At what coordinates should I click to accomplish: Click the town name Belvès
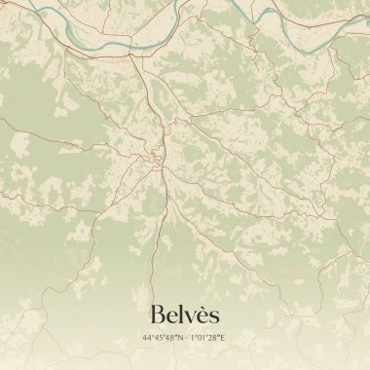[x=185, y=314]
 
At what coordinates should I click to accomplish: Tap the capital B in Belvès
[x=158, y=314]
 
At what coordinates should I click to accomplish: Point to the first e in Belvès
[x=172, y=316]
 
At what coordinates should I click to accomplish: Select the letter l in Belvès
[x=182, y=314]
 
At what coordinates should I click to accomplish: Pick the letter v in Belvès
[x=191, y=316]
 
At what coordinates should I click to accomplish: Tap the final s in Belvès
[x=214, y=316]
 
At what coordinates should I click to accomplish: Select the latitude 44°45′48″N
[x=162, y=339]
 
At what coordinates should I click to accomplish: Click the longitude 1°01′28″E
[x=208, y=339]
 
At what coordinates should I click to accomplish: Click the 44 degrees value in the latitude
[x=146, y=339]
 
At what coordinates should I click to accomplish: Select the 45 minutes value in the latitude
[x=157, y=339]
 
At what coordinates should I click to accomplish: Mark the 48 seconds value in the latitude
[x=168, y=339]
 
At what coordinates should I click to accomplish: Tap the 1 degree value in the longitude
[x=192, y=339]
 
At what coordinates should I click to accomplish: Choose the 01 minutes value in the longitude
[x=201, y=339]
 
